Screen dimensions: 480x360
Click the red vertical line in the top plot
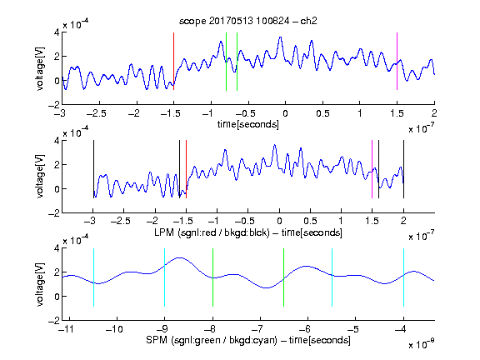(x=173, y=61)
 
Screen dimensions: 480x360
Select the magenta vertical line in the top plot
(x=397, y=61)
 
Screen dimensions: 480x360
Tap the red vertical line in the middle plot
(x=186, y=169)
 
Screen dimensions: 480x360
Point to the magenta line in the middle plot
(x=372, y=169)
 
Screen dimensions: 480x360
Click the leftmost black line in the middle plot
(x=93, y=169)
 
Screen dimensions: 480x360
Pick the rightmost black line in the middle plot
(x=403, y=169)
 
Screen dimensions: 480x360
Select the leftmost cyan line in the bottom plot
(x=93, y=277)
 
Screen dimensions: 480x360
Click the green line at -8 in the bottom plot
(x=212, y=277)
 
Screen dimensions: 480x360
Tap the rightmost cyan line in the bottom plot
(x=403, y=277)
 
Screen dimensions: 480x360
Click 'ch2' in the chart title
(x=308, y=21)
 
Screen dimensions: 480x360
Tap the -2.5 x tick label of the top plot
(x=96, y=113)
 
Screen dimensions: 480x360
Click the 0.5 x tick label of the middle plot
(x=310, y=221)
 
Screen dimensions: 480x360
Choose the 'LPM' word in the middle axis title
(x=164, y=232)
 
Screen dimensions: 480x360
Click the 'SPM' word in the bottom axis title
(x=157, y=340)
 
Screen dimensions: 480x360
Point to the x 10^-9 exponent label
(x=422, y=344)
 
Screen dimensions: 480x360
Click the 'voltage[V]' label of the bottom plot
(x=40, y=284)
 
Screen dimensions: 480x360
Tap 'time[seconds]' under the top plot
(x=248, y=124)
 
